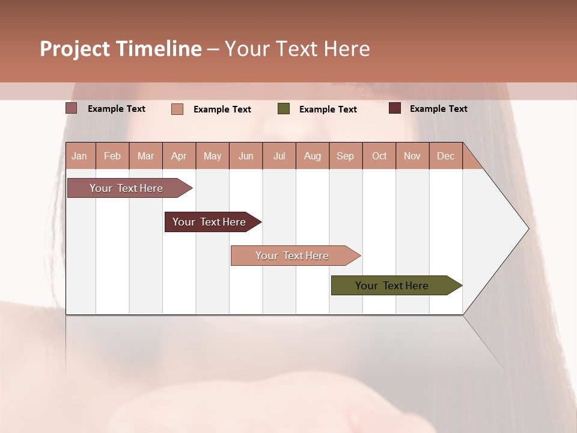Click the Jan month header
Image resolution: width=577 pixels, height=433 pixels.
(x=80, y=156)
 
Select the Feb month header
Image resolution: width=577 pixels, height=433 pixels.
(x=112, y=156)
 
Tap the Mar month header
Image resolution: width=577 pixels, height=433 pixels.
(x=145, y=156)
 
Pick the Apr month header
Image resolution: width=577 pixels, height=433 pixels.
(x=179, y=156)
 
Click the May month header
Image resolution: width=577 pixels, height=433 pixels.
(x=212, y=156)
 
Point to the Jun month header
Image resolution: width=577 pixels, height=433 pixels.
(x=246, y=156)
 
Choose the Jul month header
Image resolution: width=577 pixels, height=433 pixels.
(x=279, y=156)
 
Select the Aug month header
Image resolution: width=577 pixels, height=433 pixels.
(x=313, y=156)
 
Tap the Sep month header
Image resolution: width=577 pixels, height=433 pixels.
(x=346, y=156)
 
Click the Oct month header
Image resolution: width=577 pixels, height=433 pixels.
(x=379, y=156)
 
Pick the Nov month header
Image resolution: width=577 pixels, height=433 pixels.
(x=412, y=156)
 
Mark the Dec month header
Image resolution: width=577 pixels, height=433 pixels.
(x=445, y=156)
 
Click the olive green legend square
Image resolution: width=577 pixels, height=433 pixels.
(x=284, y=109)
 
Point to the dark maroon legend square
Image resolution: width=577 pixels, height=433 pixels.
(x=395, y=108)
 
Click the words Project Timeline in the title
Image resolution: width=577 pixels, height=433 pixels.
(x=121, y=49)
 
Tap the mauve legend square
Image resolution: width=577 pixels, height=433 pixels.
(x=72, y=108)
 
